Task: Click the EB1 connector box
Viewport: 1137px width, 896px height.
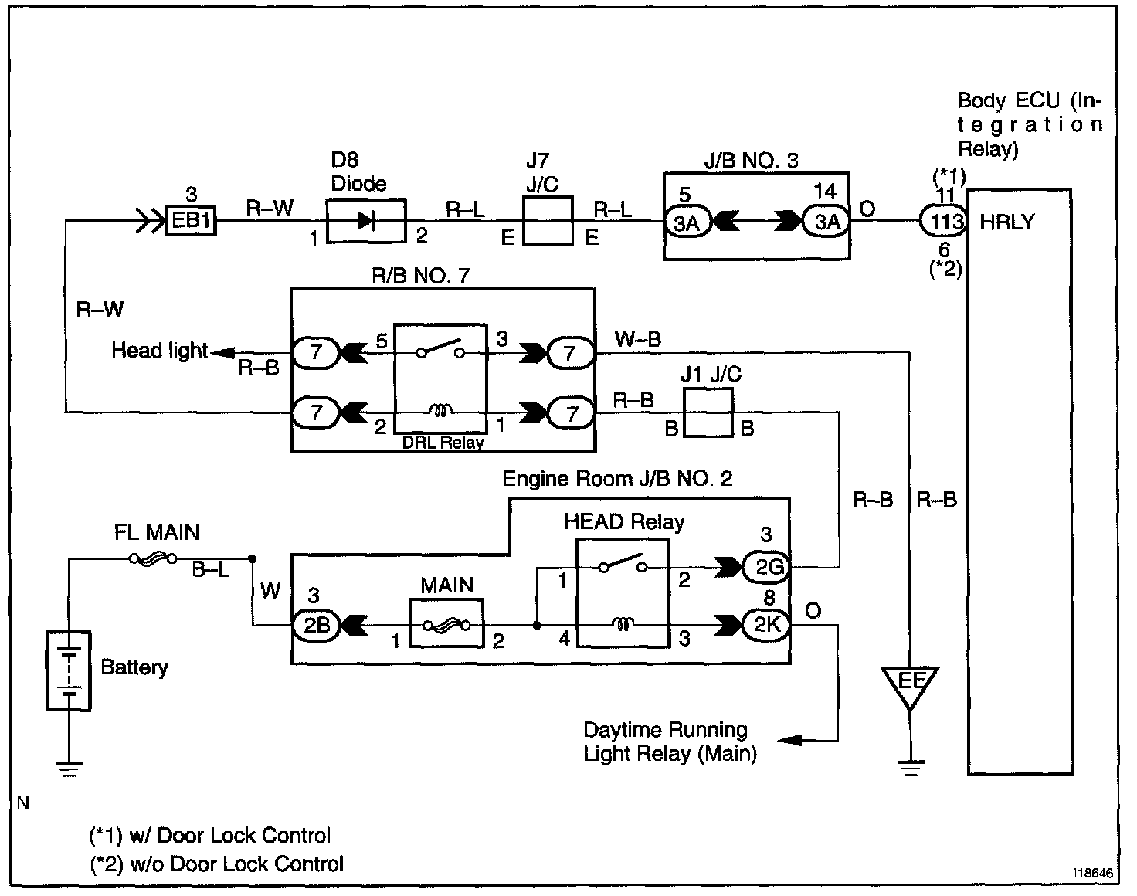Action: [191, 220]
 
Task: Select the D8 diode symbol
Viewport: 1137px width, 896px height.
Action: [366, 221]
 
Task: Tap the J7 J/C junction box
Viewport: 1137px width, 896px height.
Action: [548, 221]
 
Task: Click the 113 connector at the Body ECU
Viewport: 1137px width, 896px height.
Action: [944, 222]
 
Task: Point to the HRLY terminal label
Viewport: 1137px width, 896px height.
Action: [1007, 222]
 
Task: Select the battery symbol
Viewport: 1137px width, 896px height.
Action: [69, 671]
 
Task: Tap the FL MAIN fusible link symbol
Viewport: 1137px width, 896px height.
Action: [153, 559]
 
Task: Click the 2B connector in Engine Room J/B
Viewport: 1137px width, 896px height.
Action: [316, 626]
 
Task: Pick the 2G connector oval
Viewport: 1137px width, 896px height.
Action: [767, 568]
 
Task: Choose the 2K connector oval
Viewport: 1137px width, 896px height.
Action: [767, 625]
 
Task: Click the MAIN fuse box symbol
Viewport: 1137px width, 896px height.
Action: [446, 623]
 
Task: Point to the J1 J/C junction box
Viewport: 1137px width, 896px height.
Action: [708, 412]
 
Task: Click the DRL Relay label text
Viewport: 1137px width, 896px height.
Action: [443, 442]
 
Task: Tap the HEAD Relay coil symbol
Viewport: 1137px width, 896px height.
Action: [623, 623]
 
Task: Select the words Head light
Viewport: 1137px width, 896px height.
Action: [160, 350]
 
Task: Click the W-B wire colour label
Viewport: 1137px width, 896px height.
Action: [638, 338]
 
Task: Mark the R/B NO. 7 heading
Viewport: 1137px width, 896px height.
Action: [420, 276]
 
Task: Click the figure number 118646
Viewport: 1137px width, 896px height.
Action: [1093, 874]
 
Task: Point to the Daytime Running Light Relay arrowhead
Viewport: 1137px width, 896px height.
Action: [791, 740]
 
